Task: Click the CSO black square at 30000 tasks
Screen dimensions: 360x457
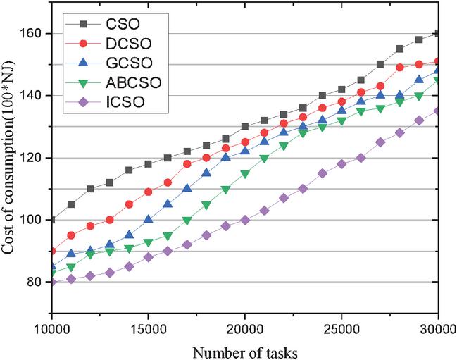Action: coord(439,34)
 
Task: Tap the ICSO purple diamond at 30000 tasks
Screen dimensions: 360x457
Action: coord(439,111)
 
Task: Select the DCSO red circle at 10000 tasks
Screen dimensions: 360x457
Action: coord(51,251)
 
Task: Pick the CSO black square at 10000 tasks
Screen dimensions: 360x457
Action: coord(51,220)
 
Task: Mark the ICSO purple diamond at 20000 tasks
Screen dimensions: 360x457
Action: coord(245,220)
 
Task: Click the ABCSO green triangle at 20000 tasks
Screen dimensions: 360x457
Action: coord(245,173)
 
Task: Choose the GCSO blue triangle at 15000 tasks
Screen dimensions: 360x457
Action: coord(148,219)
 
